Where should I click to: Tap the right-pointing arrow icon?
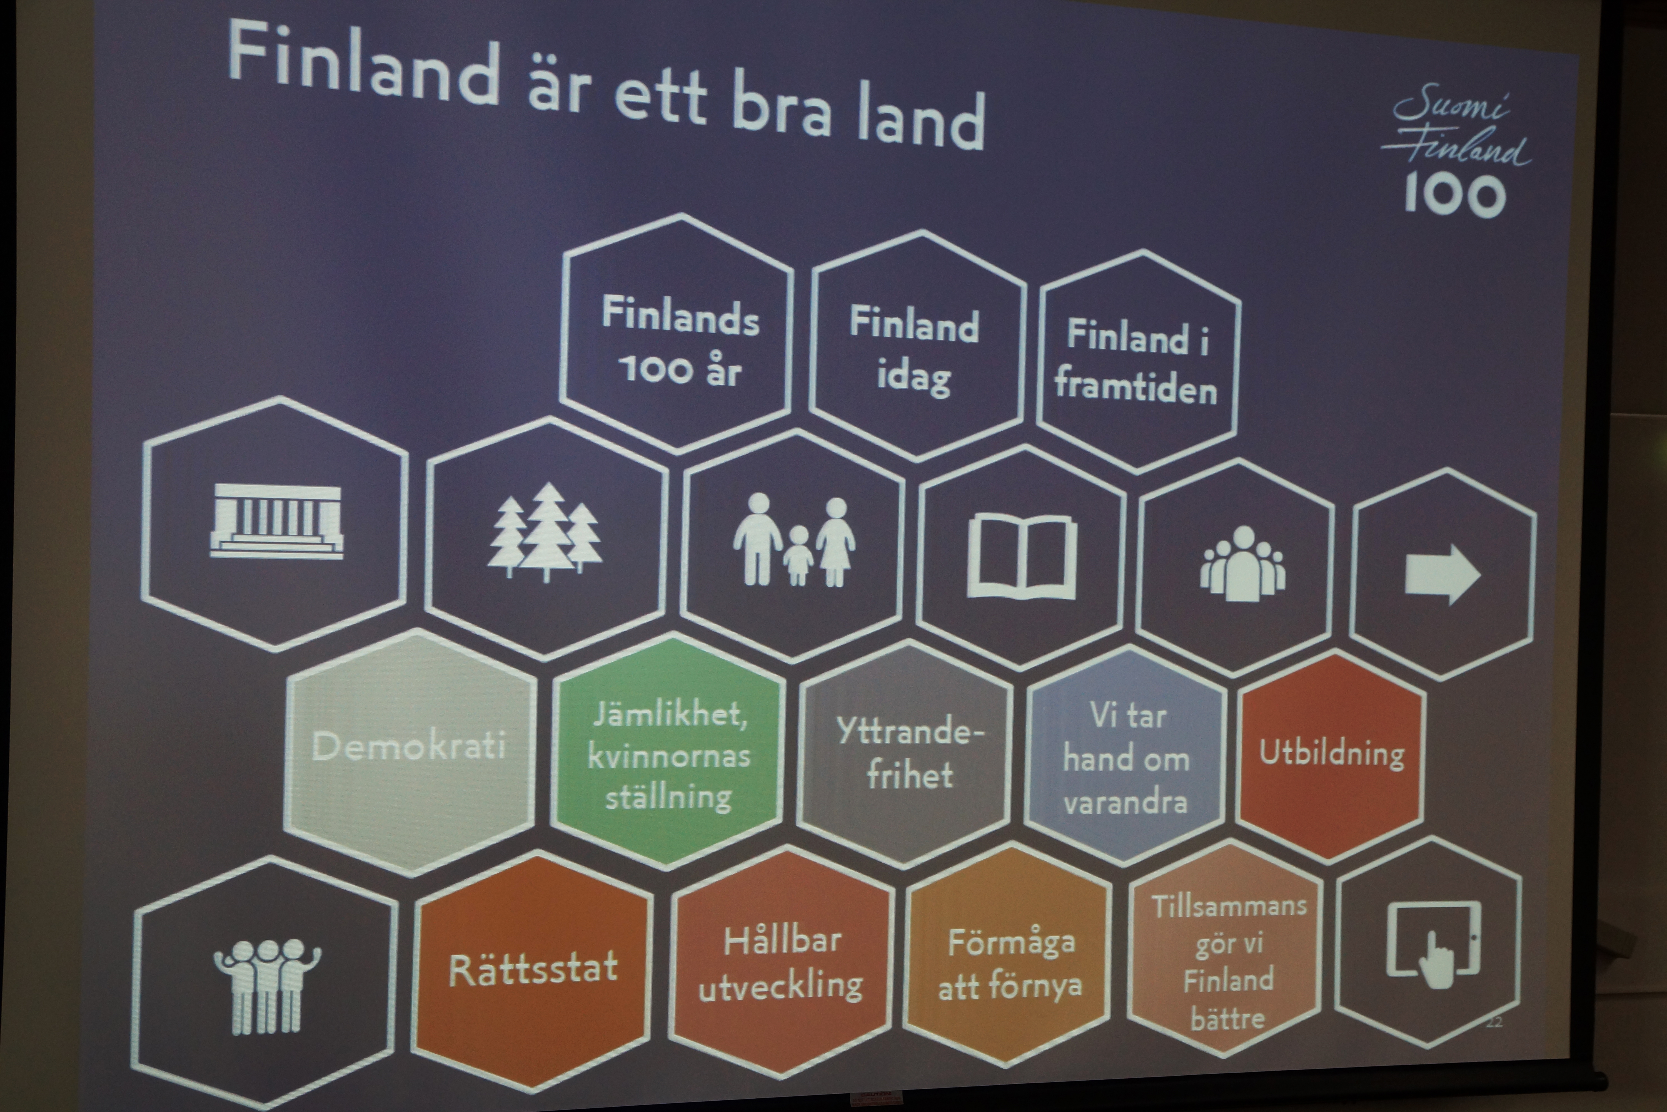[x=1442, y=574]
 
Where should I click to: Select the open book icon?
[x=1022, y=557]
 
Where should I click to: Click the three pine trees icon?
[x=544, y=532]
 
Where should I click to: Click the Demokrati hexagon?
[x=410, y=752]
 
